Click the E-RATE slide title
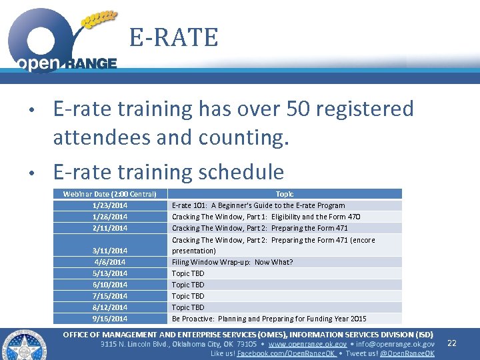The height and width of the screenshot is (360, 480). click(173, 37)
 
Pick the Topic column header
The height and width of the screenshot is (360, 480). click(285, 194)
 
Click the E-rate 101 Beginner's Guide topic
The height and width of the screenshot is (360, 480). click(258, 205)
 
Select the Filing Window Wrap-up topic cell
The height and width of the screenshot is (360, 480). click(232, 262)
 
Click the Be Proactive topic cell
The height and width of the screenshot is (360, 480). click(269, 319)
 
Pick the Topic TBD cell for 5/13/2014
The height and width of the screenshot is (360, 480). click(188, 273)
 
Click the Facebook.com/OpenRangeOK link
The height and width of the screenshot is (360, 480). click(287, 353)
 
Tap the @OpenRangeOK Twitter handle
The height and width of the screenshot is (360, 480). click(407, 353)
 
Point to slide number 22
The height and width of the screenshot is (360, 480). click(451, 343)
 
